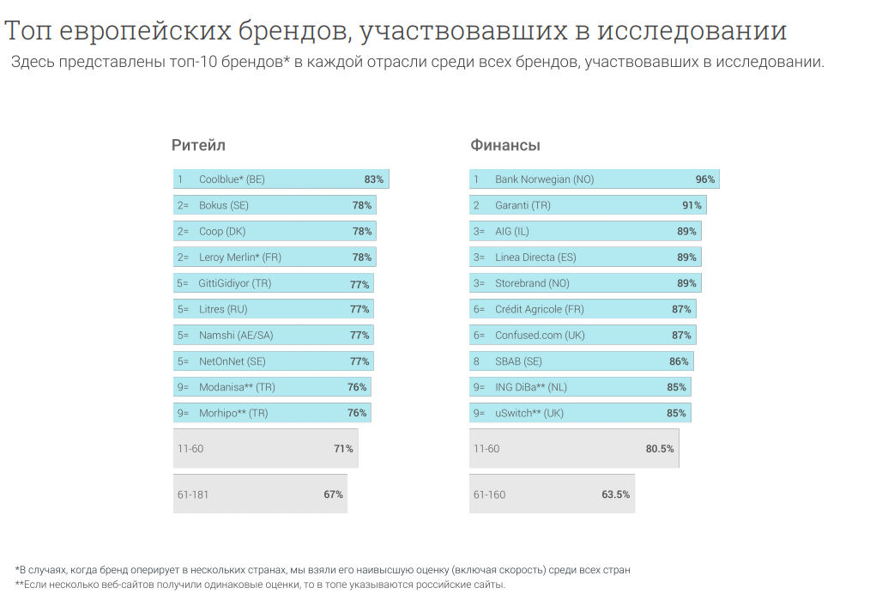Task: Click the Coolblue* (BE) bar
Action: (281, 179)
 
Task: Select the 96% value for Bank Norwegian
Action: (704, 179)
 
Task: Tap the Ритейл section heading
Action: (198, 145)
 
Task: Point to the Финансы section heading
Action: (504, 145)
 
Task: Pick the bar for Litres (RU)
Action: (273, 309)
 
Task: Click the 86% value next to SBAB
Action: (679, 361)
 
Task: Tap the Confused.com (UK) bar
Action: (583, 335)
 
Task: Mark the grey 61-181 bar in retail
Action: (260, 494)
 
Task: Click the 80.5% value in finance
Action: (660, 449)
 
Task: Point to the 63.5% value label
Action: (616, 494)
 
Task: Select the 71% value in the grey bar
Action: (343, 449)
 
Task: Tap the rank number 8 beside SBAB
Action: (477, 361)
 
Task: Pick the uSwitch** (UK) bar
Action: (580, 413)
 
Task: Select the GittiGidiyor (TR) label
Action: (234, 283)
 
